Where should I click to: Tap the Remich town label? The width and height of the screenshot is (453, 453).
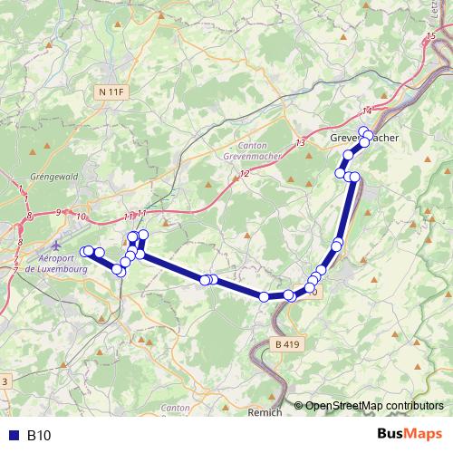pyautogui.click(x=265, y=411)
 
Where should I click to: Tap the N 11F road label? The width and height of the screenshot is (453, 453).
pyautogui.click(x=111, y=92)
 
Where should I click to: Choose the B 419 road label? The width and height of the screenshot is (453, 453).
pyautogui.click(x=285, y=344)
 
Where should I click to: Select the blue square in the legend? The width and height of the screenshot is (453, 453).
pyautogui.click(x=13, y=436)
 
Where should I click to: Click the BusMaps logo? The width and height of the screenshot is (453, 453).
pyautogui.click(x=409, y=435)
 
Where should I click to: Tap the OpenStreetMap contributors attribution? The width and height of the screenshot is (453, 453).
pyautogui.click(x=373, y=405)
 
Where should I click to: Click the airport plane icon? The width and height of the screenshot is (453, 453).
pyautogui.click(x=56, y=244)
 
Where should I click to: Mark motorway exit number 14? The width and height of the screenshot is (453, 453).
pyautogui.click(x=367, y=111)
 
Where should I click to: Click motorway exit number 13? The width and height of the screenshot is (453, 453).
pyautogui.click(x=300, y=143)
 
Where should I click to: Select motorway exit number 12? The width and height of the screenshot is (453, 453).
pyautogui.click(x=244, y=173)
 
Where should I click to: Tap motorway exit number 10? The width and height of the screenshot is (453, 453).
pyautogui.click(x=82, y=217)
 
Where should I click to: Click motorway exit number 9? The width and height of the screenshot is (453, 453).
pyautogui.click(x=58, y=212)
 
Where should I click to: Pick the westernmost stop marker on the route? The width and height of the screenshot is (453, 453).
pyautogui.click(x=84, y=251)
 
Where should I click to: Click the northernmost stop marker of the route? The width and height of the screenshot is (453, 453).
pyautogui.click(x=363, y=131)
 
